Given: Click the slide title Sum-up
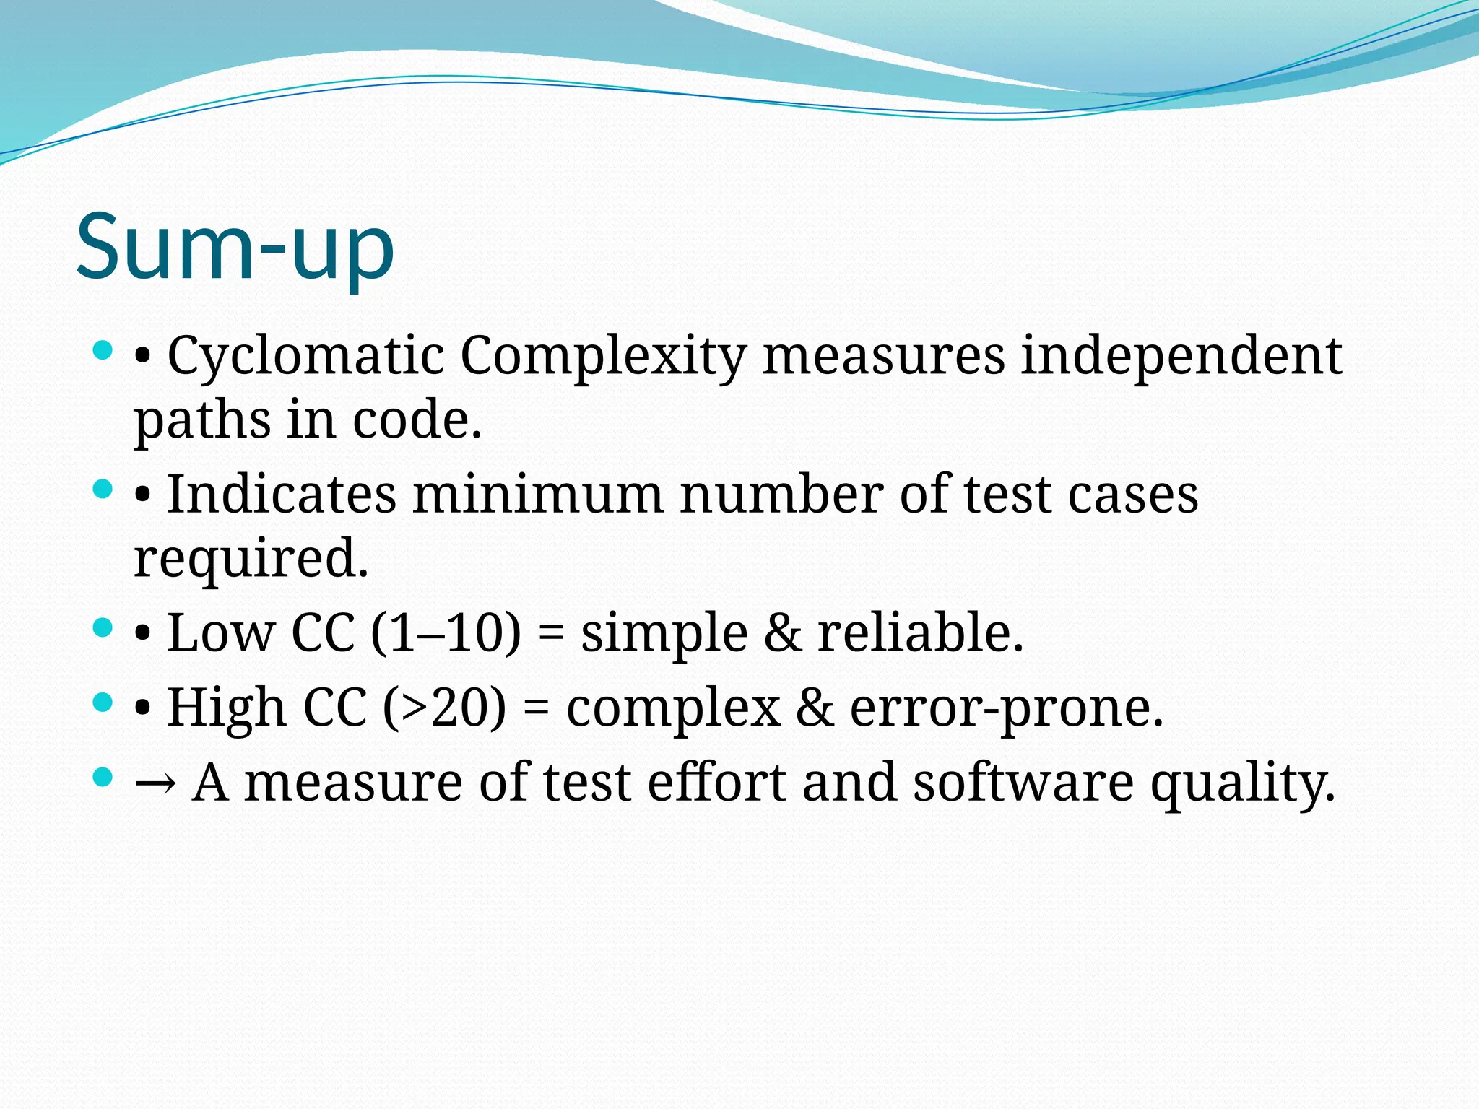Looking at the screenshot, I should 235,247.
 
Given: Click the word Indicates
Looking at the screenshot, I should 282,495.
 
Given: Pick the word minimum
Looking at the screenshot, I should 538,495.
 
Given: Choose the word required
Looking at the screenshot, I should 251,558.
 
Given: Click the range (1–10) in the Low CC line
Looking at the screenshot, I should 446,632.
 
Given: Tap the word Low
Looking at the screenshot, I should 221,632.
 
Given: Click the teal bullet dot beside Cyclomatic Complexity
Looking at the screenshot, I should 103,352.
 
